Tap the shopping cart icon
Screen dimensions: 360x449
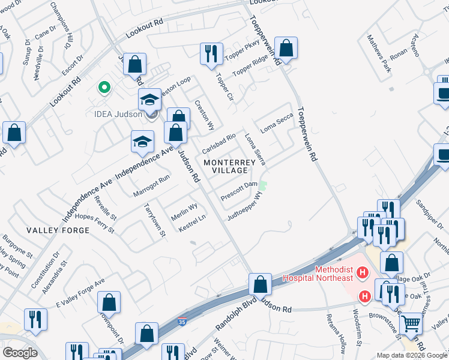[411, 324]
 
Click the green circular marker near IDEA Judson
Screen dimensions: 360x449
[104, 88]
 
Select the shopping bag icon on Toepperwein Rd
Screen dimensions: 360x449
[288, 50]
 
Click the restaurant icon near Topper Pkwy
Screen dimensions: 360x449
[211, 55]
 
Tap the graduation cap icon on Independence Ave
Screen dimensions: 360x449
[142, 142]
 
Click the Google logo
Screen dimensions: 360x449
[20, 352]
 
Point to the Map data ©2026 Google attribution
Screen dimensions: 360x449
[412, 355]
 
